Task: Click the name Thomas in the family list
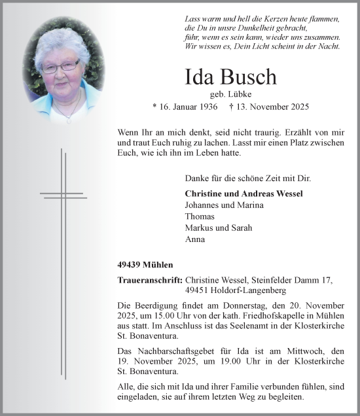coord(200,217)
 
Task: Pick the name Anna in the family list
coord(196,239)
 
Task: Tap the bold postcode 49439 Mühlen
coord(146,265)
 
